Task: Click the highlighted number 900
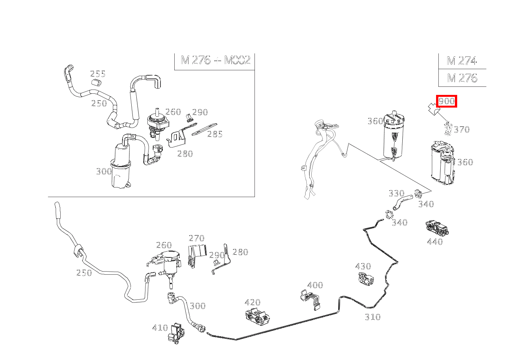point(447,101)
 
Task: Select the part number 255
point(98,74)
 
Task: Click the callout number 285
point(215,134)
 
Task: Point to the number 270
point(196,238)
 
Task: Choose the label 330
point(396,193)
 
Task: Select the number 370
point(461,129)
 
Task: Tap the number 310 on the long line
point(372,317)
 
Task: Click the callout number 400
point(315,285)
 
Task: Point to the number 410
point(160,328)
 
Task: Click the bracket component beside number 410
point(176,333)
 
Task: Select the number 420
point(252,302)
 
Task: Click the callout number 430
point(363,266)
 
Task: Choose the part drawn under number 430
point(365,279)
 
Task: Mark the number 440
point(435,242)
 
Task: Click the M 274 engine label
point(461,61)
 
